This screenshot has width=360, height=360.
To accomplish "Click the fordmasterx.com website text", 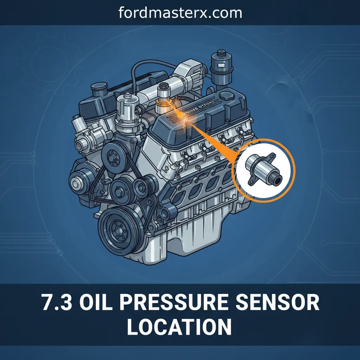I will pyautogui.click(x=180, y=13).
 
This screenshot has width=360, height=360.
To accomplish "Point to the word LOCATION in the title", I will pyautogui.click(x=179, y=327).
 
